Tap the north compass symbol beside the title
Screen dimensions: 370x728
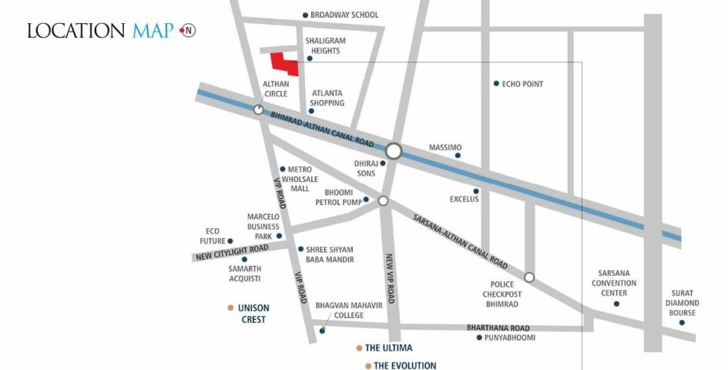point(188,30)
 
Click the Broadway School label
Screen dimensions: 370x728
point(344,15)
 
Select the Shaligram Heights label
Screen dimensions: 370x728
point(323,45)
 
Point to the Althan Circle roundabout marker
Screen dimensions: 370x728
point(258,110)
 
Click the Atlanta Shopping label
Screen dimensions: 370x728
point(327,98)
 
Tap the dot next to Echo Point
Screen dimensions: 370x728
point(496,83)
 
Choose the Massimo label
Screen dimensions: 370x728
point(445,147)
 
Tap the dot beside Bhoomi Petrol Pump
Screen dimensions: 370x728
point(366,200)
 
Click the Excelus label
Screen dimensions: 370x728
point(465,199)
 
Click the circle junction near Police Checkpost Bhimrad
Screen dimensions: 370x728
point(529,277)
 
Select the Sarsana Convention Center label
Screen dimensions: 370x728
point(618,282)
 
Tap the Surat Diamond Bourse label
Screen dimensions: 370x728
point(682,303)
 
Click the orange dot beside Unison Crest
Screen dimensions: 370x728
point(230,308)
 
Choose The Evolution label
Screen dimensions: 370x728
point(405,365)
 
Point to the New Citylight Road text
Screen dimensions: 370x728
point(232,251)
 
